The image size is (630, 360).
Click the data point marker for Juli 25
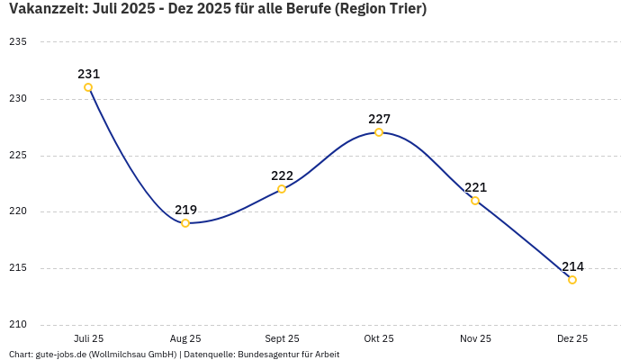click(88, 87)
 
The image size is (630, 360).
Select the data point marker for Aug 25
click(185, 223)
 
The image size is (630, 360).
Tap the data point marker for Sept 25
click(282, 189)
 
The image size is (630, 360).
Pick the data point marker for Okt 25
click(379, 132)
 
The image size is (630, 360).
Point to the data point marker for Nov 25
click(475, 201)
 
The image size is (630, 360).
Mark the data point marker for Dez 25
click(572, 280)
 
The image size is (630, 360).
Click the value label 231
click(88, 74)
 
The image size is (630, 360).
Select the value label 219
click(185, 210)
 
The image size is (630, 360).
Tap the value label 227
click(379, 119)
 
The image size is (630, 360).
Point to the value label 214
click(572, 266)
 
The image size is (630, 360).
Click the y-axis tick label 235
click(18, 42)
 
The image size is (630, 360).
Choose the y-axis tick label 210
click(18, 325)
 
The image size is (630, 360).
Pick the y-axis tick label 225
click(18, 156)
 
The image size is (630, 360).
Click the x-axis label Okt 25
click(379, 338)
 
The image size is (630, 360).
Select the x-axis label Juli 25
click(88, 338)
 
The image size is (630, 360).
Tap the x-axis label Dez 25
click(572, 338)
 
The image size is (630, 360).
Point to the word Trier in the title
click(401, 9)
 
